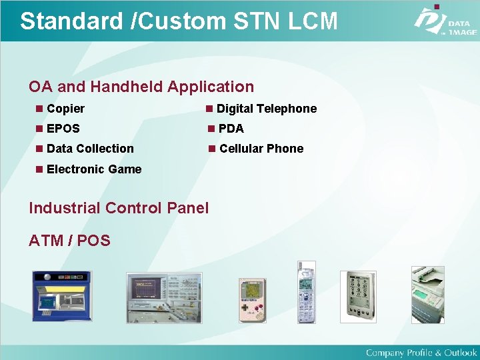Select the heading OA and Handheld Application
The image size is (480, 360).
click(x=141, y=87)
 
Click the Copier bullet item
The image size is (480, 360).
click(x=65, y=109)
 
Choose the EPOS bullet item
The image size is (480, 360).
click(x=63, y=129)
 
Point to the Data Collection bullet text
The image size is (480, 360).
click(x=90, y=149)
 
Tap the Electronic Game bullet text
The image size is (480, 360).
click(x=94, y=169)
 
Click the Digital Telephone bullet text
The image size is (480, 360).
click(x=266, y=109)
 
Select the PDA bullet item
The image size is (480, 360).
click(x=231, y=129)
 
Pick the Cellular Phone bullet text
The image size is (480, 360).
click(x=261, y=149)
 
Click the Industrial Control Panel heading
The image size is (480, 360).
click(x=119, y=208)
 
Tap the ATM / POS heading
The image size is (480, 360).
click(x=69, y=241)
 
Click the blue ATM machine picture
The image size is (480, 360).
click(x=61, y=297)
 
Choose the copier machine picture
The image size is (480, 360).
click(x=427, y=294)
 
